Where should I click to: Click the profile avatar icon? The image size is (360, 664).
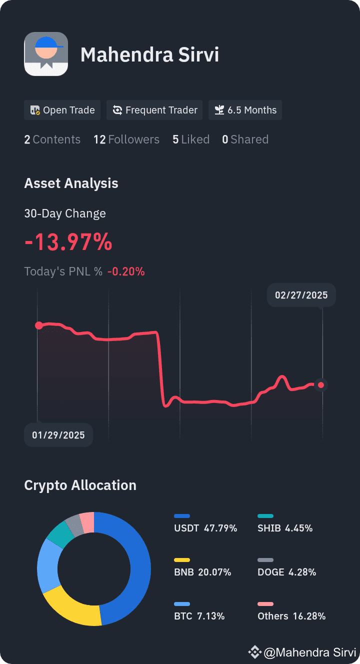click(46, 54)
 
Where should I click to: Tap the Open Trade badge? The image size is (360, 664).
click(62, 110)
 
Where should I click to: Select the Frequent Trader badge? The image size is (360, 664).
click(154, 110)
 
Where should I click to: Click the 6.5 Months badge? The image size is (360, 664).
click(245, 110)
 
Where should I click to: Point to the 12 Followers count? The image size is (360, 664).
click(126, 139)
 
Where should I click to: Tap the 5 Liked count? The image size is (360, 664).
click(191, 139)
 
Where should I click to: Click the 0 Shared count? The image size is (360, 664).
click(245, 139)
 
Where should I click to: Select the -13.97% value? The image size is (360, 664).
click(68, 242)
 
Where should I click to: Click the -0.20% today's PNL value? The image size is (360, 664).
click(126, 271)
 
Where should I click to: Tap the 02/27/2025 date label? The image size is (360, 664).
click(301, 295)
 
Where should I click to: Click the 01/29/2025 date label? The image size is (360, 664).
click(58, 435)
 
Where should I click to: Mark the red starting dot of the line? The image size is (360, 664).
click(39, 325)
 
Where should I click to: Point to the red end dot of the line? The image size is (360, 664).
click(321, 385)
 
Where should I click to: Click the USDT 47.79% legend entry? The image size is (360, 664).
click(205, 524)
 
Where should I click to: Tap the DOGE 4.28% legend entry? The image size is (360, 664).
click(287, 568)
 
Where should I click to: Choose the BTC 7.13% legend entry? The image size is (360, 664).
click(199, 612)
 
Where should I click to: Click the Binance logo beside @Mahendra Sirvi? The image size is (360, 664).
click(254, 652)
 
